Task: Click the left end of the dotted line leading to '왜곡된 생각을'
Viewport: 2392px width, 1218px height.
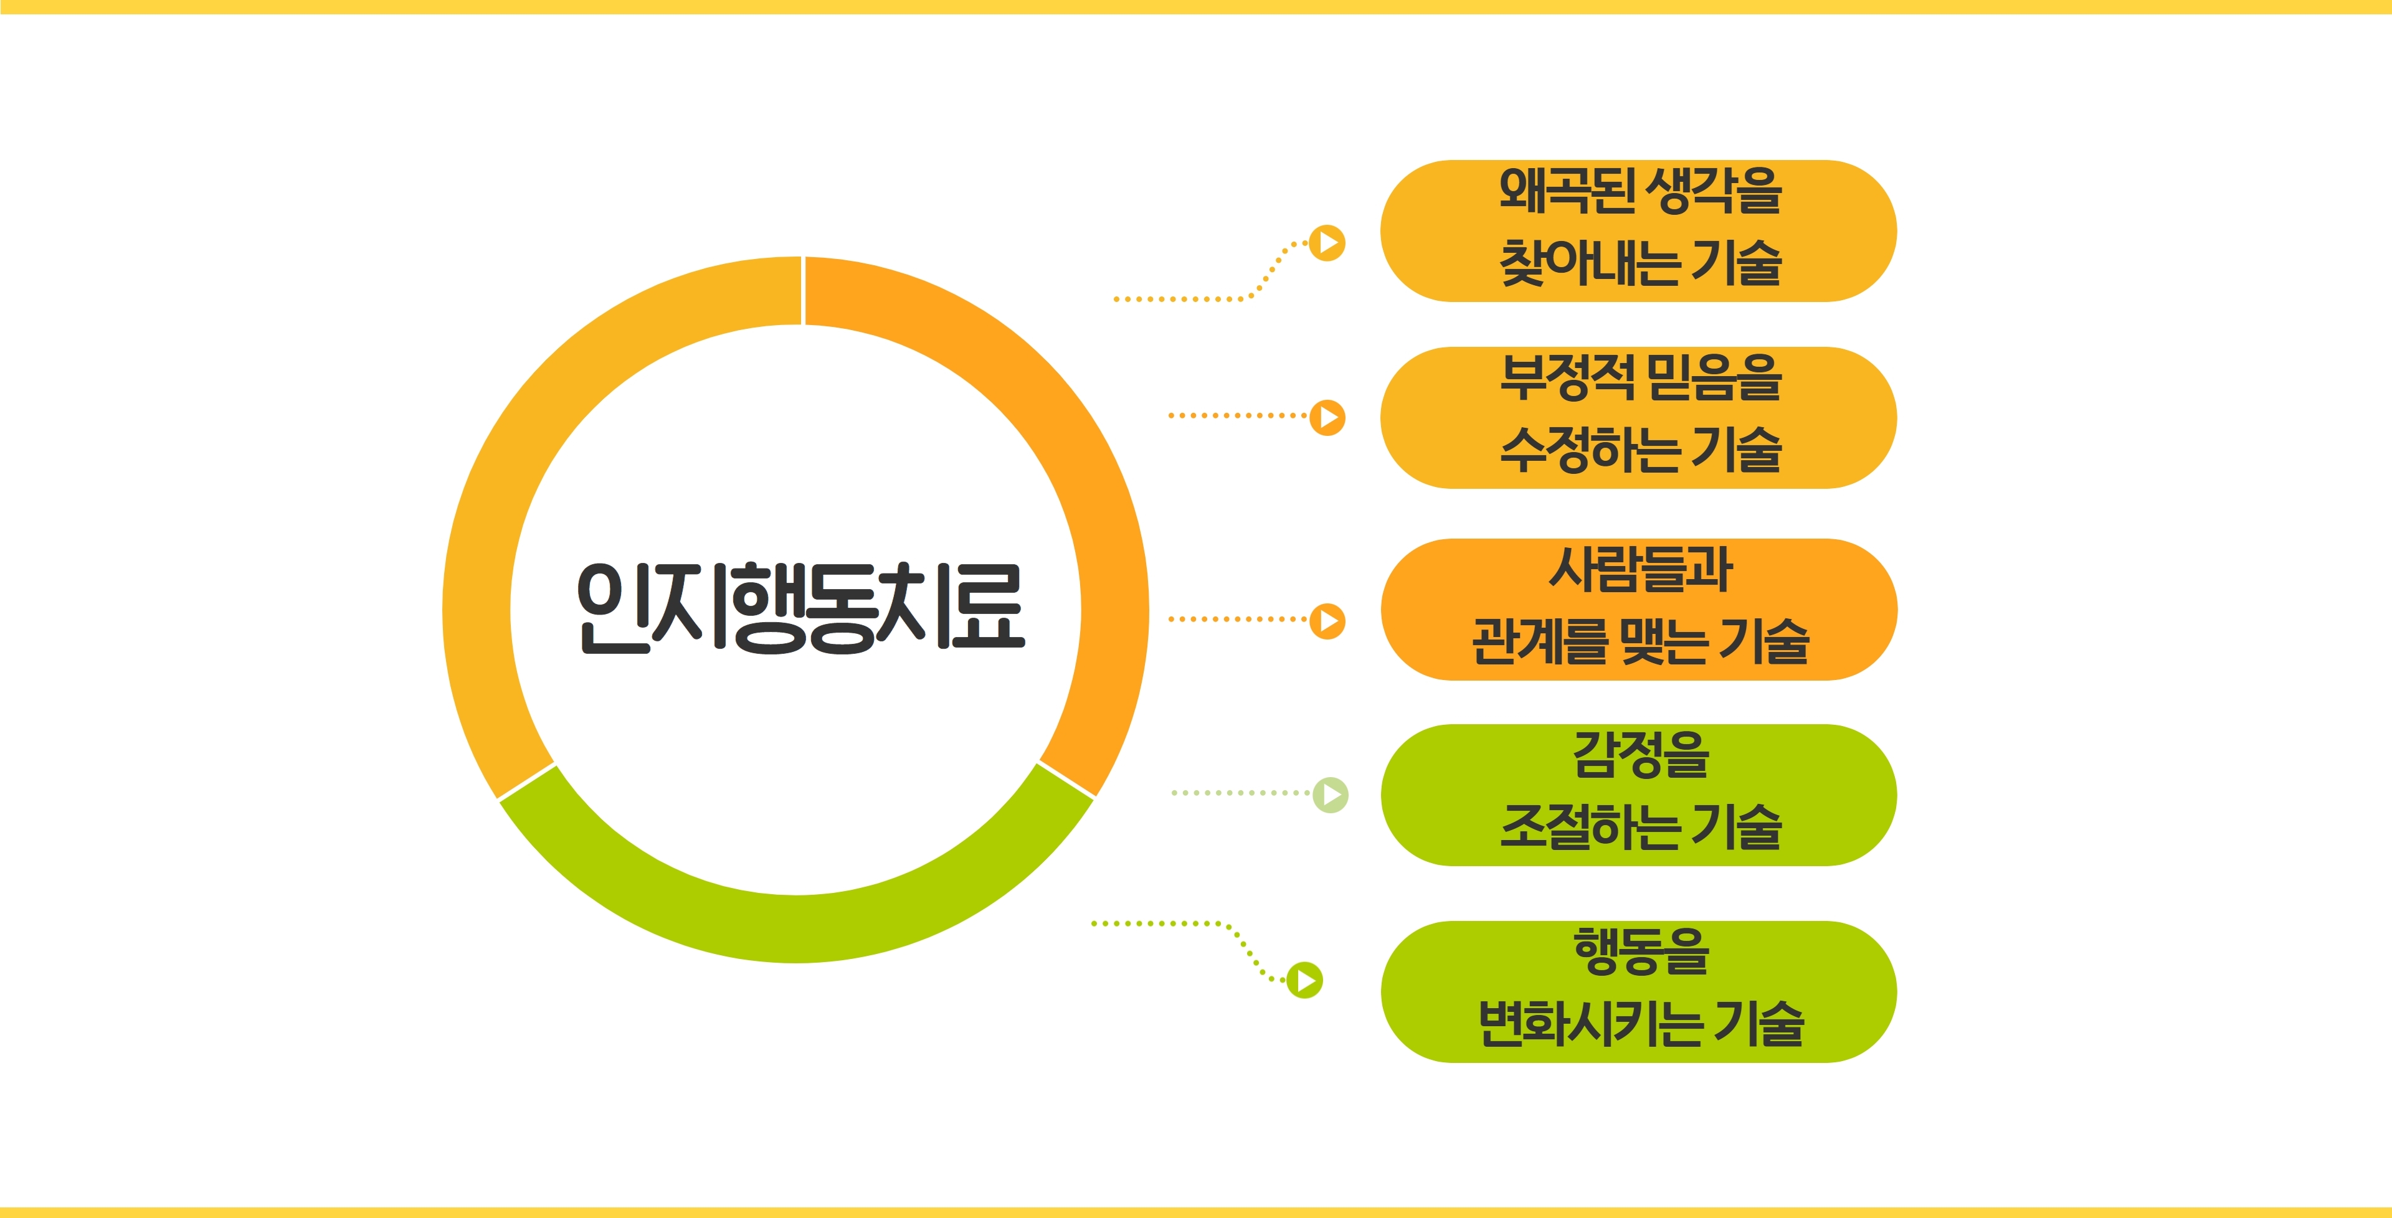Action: coord(1116,299)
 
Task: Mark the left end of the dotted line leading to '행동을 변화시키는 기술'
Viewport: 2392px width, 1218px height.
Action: coord(1094,923)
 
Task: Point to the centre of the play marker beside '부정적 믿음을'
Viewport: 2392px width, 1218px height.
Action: coord(1328,417)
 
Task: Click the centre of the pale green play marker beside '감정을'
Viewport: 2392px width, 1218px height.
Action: coord(1331,795)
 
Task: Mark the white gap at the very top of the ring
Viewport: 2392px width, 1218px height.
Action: coord(803,291)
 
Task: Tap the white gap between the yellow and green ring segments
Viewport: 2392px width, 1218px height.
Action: coord(526,781)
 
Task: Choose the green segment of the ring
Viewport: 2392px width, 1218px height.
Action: coord(797,928)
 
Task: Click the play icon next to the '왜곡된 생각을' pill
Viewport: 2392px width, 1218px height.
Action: coord(1328,243)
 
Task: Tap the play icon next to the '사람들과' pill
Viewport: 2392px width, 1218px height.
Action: coord(1328,620)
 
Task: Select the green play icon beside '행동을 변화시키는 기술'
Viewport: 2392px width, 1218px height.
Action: coord(1304,980)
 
